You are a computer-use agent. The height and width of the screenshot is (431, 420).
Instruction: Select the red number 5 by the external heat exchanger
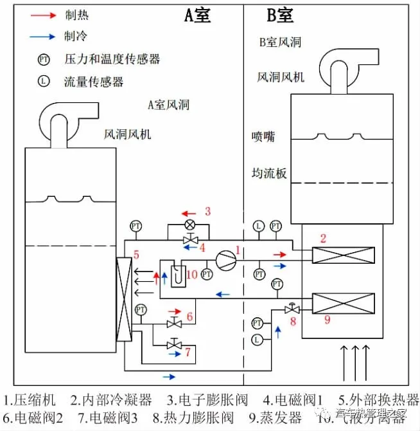(x=136, y=255)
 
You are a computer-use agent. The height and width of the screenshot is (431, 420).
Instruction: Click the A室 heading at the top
(x=197, y=15)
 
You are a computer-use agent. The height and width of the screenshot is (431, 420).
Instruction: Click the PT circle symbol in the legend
(x=44, y=60)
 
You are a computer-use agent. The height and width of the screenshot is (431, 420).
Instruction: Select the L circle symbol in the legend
(x=44, y=82)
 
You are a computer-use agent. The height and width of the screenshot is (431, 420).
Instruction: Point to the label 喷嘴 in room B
(x=263, y=137)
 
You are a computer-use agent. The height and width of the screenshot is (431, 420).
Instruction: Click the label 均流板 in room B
(x=268, y=173)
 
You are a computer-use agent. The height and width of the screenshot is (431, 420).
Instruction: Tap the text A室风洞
(x=168, y=105)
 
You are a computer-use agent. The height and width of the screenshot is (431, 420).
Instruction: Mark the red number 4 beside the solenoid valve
(x=202, y=246)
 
